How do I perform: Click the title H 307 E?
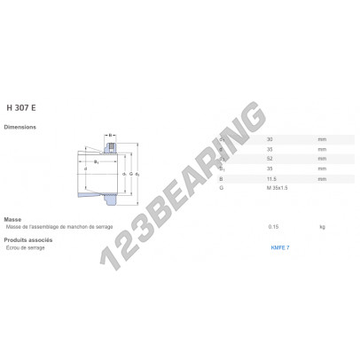(x=20, y=107)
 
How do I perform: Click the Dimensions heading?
(x=20, y=128)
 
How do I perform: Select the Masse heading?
(x=13, y=219)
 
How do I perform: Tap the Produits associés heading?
(x=27, y=239)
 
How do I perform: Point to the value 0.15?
(x=274, y=226)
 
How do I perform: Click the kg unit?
(x=322, y=226)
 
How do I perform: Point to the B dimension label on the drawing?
(x=111, y=136)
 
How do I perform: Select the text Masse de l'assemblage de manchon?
(x=53, y=226)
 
